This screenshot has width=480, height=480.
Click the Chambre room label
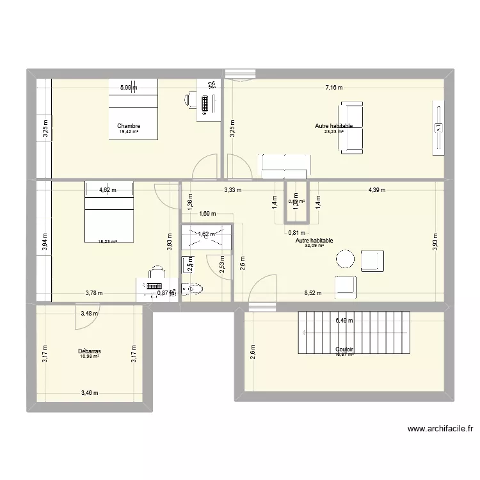[x=129, y=126]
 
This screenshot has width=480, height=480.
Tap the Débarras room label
[x=90, y=351]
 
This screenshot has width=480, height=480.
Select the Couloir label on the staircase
[x=344, y=349]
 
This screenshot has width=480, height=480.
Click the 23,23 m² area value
[x=333, y=132]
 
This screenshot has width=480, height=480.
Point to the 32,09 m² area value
[x=314, y=246]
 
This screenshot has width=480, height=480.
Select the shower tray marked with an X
[x=206, y=236]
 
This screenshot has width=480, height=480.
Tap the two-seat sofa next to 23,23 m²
[x=351, y=127]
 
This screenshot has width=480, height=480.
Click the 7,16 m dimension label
[x=333, y=88]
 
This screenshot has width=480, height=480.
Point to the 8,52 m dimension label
[x=313, y=294]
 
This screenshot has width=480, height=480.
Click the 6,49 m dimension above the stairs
[x=345, y=321]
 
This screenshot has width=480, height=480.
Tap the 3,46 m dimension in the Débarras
[x=90, y=392]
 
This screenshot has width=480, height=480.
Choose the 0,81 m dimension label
[x=296, y=233]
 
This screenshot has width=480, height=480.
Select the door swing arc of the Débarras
[x=86, y=318]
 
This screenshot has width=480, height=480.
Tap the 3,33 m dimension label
[x=232, y=190]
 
